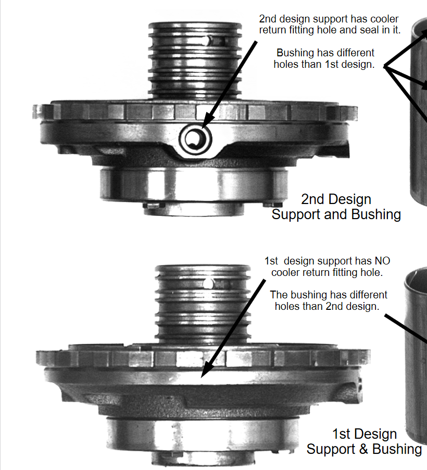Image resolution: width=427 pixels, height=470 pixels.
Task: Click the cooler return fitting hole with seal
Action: pyautogui.click(x=195, y=139)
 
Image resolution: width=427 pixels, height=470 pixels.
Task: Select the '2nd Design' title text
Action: pyautogui.click(x=336, y=199)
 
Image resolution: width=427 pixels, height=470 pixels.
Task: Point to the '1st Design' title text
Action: pyautogui.click(x=365, y=434)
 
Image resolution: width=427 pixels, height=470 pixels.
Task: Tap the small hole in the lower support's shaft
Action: pyautogui.click(x=209, y=283)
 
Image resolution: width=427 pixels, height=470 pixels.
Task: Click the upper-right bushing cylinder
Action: pyautogui.click(x=418, y=111)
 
